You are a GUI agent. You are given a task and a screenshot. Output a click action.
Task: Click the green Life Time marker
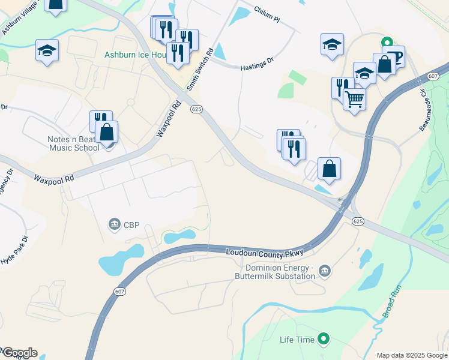coord(324,340)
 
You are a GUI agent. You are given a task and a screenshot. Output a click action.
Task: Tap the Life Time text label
coord(297,340)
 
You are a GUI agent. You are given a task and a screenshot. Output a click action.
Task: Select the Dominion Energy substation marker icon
coord(325,271)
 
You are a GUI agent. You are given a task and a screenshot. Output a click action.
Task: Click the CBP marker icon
coord(114,225)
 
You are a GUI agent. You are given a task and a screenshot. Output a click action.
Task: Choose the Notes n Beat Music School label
coord(74,143)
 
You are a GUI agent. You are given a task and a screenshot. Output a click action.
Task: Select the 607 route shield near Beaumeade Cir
coord(433,76)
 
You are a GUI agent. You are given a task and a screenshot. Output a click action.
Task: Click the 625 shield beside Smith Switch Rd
coord(196,109)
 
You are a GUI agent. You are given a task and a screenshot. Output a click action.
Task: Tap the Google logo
coord(20,353)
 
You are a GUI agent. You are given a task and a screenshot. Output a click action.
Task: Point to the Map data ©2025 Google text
coord(412,355)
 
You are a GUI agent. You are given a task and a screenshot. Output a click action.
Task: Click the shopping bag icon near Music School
coord(107,132)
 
